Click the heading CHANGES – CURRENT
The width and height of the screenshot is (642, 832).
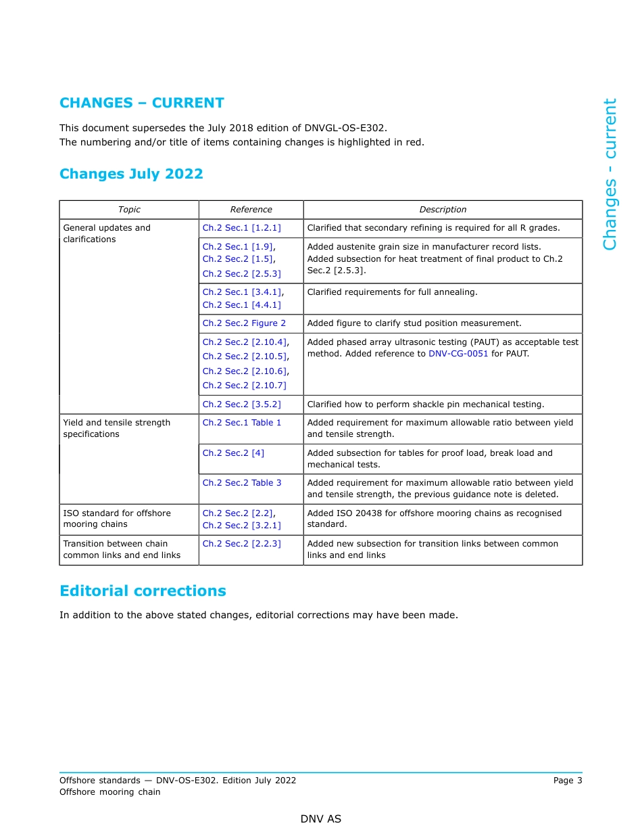click(141, 103)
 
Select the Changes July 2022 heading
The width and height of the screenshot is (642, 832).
click(131, 174)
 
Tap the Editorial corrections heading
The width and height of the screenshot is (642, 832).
click(143, 591)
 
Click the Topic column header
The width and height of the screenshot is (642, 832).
click(129, 210)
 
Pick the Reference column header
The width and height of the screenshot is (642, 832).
click(251, 210)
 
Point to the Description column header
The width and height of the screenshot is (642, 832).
click(443, 210)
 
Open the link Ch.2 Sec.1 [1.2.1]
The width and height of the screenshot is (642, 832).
click(241, 228)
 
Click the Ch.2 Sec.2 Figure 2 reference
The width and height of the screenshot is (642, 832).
click(244, 323)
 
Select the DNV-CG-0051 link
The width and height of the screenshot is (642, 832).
click(458, 354)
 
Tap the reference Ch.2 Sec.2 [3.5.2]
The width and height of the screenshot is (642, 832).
click(241, 405)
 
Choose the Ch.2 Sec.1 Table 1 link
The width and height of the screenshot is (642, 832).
click(241, 423)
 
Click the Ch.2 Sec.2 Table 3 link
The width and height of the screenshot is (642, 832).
click(241, 483)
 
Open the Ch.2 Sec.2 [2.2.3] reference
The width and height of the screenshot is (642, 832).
click(241, 544)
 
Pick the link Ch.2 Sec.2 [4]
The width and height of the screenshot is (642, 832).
click(233, 453)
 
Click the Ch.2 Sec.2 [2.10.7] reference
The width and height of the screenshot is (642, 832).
click(244, 386)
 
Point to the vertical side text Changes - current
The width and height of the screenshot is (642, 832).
click(610, 175)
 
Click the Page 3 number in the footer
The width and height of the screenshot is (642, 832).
click(567, 781)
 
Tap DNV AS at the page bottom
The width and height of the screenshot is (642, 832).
click(321, 819)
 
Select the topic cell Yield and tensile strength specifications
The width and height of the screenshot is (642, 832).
click(116, 428)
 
